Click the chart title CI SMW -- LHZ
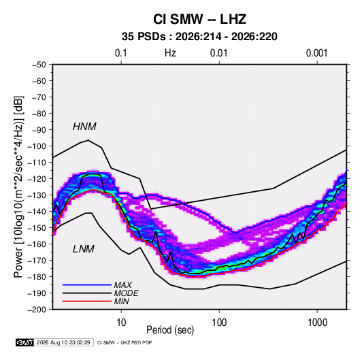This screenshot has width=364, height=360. pos(199,19)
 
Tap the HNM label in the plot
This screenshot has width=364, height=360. pos(84,127)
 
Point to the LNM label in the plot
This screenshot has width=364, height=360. pos(84,249)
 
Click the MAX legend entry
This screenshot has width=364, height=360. pos(123,284)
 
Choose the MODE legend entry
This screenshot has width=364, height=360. pos(127,293)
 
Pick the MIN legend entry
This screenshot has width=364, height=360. pos(121,301)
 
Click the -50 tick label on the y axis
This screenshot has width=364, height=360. pos(39,65)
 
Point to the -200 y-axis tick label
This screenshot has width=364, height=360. pos(37,310)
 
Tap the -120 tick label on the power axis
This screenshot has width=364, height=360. pos(37,179)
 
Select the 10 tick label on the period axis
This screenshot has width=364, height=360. pos(121,323)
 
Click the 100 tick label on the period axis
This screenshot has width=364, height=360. pos(219,323)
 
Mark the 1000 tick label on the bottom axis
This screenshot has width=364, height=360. pos(317,323)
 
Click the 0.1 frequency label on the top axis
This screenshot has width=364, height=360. pos(121,53)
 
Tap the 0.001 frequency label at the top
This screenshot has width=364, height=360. pos(317,53)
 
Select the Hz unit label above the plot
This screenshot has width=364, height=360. pos(170,53)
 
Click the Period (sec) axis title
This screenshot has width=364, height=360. pos(170,330)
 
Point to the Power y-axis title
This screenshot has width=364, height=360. pos(18,187)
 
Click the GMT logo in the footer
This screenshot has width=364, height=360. pos(25,342)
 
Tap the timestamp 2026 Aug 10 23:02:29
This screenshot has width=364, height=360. pos(63,342)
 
